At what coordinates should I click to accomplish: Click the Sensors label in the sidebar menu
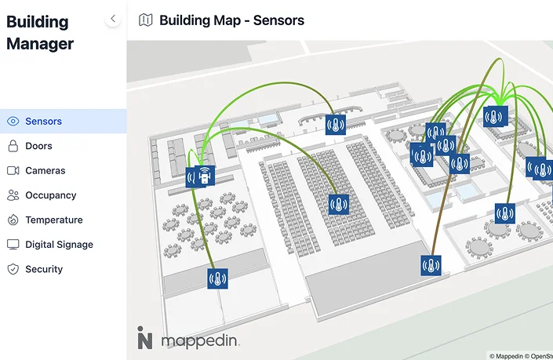click(x=43, y=122)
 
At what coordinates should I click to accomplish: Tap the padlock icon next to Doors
click(x=13, y=146)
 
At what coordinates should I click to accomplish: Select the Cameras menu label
click(x=45, y=170)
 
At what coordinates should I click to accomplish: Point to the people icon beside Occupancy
click(x=13, y=195)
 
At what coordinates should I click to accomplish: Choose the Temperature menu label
click(x=53, y=220)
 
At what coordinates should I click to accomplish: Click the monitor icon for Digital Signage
click(x=13, y=245)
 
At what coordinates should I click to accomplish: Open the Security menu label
click(x=43, y=269)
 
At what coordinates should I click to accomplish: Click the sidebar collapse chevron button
click(x=113, y=18)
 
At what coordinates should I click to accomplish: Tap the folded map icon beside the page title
click(x=145, y=20)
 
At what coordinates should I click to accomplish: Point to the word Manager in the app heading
click(x=40, y=44)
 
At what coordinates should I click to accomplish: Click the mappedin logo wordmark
click(x=199, y=340)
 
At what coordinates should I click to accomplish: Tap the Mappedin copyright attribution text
click(x=520, y=355)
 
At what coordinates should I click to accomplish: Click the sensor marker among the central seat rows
click(x=338, y=204)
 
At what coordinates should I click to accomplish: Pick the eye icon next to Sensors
click(x=13, y=122)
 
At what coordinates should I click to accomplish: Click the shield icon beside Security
click(x=13, y=269)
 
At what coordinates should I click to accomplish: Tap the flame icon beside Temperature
click(x=13, y=220)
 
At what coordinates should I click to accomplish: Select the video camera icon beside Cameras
click(x=13, y=170)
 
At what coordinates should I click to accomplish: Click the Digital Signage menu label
click(x=59, y=245)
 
